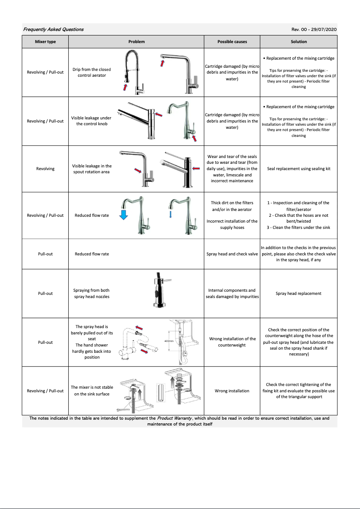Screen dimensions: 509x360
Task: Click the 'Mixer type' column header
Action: [x=45, y=42]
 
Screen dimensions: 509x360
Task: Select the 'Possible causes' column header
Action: [x=232, y=42]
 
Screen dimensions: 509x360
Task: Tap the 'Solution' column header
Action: [x=299, y=42]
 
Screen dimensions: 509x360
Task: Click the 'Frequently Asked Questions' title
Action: [x=53, y=30]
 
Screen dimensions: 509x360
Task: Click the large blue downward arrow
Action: [x=124, y=215]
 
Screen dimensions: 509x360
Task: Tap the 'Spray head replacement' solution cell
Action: [x=299, y=294]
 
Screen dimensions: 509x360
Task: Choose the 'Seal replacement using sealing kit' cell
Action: [x=299, y=169]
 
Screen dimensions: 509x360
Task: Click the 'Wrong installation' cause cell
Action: [x=232, y=391]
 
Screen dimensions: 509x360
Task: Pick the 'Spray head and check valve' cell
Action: [x=232, y=254]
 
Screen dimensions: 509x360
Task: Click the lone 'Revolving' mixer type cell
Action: [x=45, y=169]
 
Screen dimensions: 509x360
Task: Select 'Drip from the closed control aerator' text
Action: [x=92, y=72]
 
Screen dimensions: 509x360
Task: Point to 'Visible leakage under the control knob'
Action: [x=92, y=121]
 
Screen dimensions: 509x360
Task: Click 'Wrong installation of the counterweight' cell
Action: [x=232, y=342]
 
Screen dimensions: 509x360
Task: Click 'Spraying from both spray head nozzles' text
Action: [x=92, y=294]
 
